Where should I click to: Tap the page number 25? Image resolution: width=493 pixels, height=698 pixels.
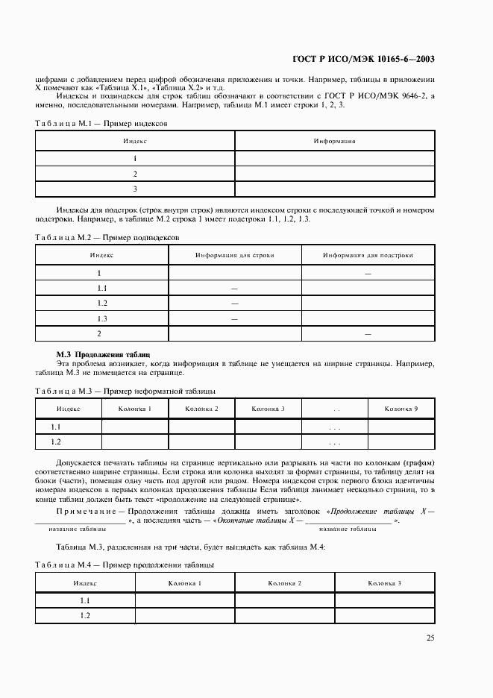[430, 638]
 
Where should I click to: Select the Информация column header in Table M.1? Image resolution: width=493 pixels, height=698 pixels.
[334, 140]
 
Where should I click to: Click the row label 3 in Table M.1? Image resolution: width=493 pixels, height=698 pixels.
[135, 189]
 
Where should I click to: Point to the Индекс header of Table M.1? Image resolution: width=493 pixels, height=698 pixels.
[135, 140]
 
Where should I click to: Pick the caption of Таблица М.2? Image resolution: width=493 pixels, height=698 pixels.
[107, 237]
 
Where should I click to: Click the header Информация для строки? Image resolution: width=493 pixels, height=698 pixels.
[235, 255]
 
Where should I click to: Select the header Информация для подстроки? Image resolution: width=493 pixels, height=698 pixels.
[368, 255]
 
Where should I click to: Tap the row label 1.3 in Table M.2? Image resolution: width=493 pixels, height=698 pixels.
[102, 318]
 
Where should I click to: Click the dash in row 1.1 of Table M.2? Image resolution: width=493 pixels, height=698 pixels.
[234, 288]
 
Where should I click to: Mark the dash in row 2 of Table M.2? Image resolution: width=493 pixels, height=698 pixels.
[368, 333]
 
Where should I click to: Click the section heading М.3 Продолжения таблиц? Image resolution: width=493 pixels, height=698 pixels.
[104, 355]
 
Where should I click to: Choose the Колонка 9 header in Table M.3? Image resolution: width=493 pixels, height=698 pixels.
[401, 409]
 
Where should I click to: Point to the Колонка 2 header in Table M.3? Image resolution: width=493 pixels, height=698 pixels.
[201, 409]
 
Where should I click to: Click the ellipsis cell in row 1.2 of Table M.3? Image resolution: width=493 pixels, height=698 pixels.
[334, 443]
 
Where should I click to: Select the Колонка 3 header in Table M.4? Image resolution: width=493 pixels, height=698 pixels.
[384, 582]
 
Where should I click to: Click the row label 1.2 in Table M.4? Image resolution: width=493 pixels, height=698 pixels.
[85, 615]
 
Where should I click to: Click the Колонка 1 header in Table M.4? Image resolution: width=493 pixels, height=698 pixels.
[185, 582]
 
